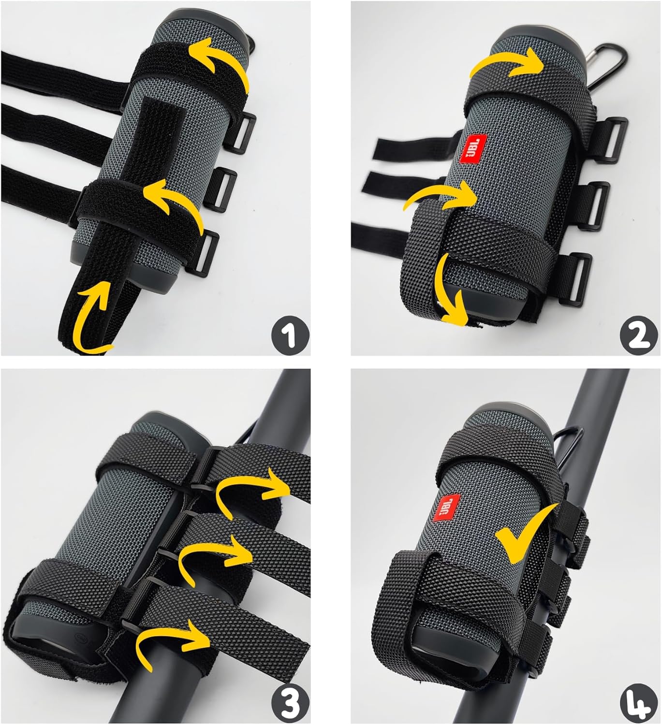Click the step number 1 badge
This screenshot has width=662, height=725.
(x=290, y=334)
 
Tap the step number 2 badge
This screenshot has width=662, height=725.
(x=638, y=334)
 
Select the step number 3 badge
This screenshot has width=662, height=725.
(x=290, y=703)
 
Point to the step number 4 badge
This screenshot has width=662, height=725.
(x=639, y=703)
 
